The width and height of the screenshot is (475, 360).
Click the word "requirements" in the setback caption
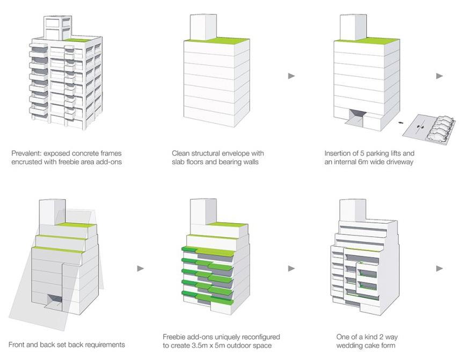coord(101,344)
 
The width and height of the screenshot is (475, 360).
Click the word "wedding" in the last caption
coord(350,346)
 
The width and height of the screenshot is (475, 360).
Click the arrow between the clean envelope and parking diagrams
coord(291,76)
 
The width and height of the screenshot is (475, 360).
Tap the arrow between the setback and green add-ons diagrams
coord(141,268)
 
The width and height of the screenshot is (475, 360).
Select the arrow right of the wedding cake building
coord(440,268)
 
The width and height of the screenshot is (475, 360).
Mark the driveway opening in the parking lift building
coord(356,115)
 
